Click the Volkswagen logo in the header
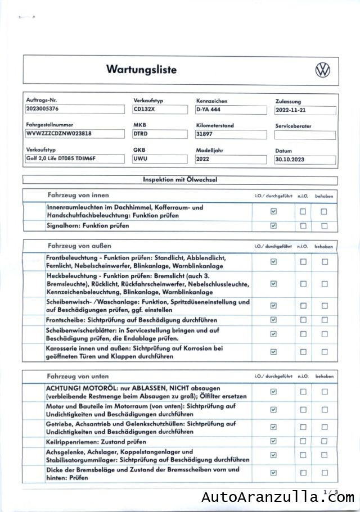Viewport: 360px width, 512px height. click(323, 70)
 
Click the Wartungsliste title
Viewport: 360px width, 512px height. click(141, 70)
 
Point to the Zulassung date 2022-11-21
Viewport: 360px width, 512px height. click(305, 111)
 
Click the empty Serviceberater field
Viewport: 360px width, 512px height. click(305, 135)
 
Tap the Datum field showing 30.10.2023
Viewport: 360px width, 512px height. click(305, 160)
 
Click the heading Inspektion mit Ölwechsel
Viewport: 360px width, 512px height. click(181, 180)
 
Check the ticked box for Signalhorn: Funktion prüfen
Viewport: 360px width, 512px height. click(274, 226)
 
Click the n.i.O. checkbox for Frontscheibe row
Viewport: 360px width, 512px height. click(303, 320)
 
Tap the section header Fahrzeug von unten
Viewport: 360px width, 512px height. click(79, 376)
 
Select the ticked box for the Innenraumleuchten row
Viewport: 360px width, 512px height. click(274, 212)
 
